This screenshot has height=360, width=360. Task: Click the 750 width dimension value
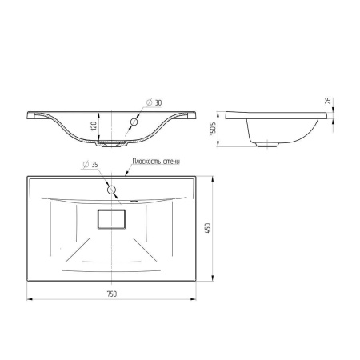112,294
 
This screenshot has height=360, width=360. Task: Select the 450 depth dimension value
207,229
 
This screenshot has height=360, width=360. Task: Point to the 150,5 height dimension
213,129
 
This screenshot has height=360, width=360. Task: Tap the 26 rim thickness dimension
328,101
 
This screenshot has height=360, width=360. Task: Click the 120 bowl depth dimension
94,126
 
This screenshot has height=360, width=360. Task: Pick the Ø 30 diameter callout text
154,102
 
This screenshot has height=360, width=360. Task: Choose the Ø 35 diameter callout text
90,165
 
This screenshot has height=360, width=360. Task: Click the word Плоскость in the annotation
144,162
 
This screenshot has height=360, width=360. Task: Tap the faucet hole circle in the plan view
111,190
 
